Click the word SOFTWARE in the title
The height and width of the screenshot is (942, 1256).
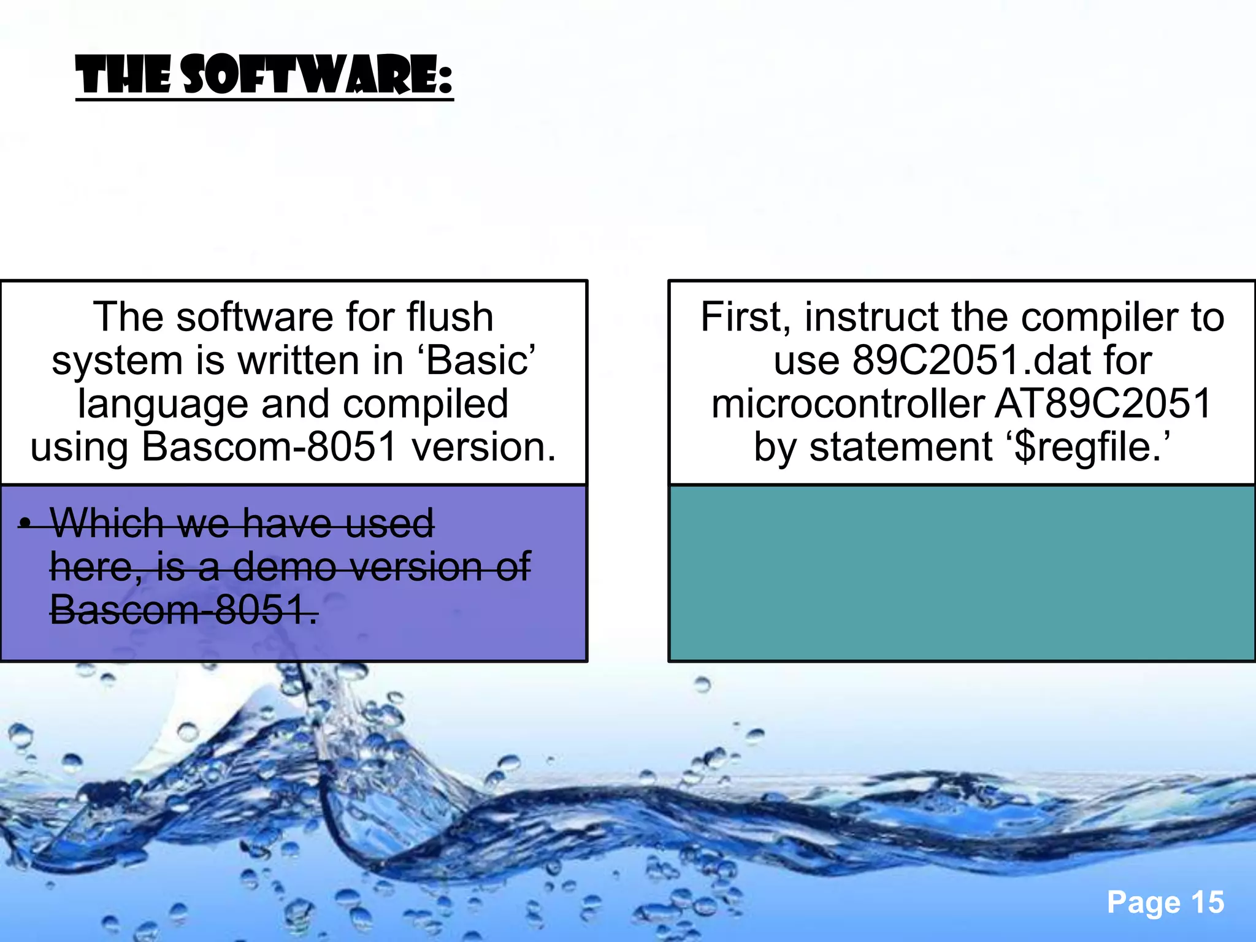click(318, 75)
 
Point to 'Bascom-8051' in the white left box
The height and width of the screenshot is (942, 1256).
click(269, 446)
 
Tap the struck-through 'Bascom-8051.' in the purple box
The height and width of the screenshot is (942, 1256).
click(183, 610)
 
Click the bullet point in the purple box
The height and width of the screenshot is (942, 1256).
click(25, 523)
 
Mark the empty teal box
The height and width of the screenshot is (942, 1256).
click(962, 573)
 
